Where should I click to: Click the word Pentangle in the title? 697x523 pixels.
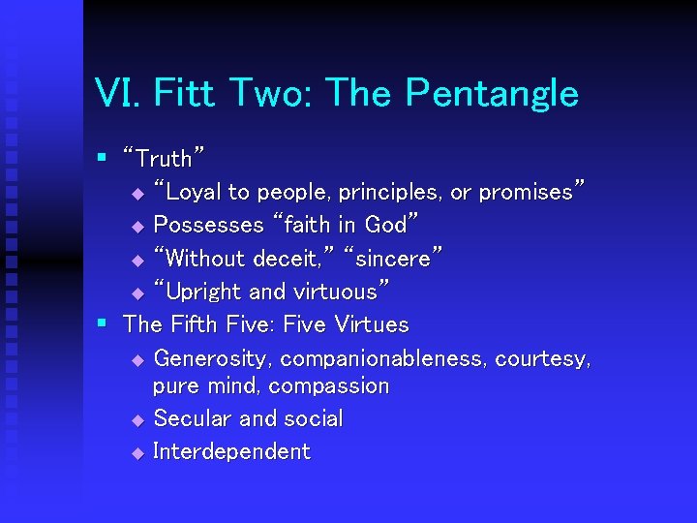point(492,94)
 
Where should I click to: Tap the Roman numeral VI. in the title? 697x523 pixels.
point(117,94)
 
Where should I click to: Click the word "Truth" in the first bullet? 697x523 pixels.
point(165,157)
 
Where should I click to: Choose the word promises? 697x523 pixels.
point(532,192)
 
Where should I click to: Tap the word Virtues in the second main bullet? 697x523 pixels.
point(371,324)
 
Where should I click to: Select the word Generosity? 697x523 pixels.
point(214,358)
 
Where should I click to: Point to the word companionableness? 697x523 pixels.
point(384,358)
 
